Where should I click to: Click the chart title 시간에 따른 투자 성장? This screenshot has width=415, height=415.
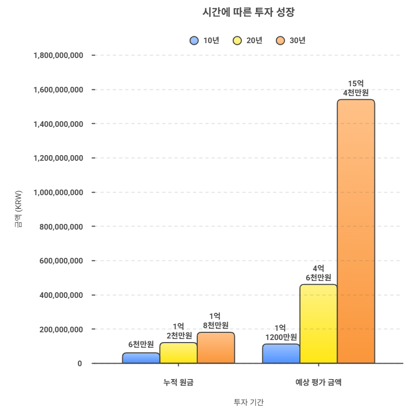(249, 12)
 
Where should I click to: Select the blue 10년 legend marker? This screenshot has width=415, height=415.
(194, 41)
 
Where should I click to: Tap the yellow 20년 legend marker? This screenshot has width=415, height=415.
(237, 41)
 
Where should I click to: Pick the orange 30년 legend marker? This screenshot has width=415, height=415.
(280, 41)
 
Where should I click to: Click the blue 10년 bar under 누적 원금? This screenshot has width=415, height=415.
(141, 358)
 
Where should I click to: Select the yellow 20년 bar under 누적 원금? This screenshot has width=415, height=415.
(178, 353)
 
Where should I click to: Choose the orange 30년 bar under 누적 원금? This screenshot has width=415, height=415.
(216, 348)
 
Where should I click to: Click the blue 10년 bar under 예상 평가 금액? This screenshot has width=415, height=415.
(281, 354)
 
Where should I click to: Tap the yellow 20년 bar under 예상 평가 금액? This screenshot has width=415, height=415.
(318, 324)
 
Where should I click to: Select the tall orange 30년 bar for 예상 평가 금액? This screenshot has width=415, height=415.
(356, 231)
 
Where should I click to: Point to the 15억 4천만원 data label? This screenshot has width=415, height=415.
(356, 88)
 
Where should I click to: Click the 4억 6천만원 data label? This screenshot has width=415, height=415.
(318, 273)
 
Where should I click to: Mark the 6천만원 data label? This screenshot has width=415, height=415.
(141, 344)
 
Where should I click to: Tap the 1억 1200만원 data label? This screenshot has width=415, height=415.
(281, 332)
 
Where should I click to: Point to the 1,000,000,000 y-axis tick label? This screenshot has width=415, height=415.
(58, 192)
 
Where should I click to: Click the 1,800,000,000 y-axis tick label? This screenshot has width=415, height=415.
(58, 55)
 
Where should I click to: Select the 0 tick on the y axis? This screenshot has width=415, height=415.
(80, 364)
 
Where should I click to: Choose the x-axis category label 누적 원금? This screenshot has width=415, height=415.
(178, 382)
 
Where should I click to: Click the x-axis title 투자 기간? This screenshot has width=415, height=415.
(249, 402)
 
